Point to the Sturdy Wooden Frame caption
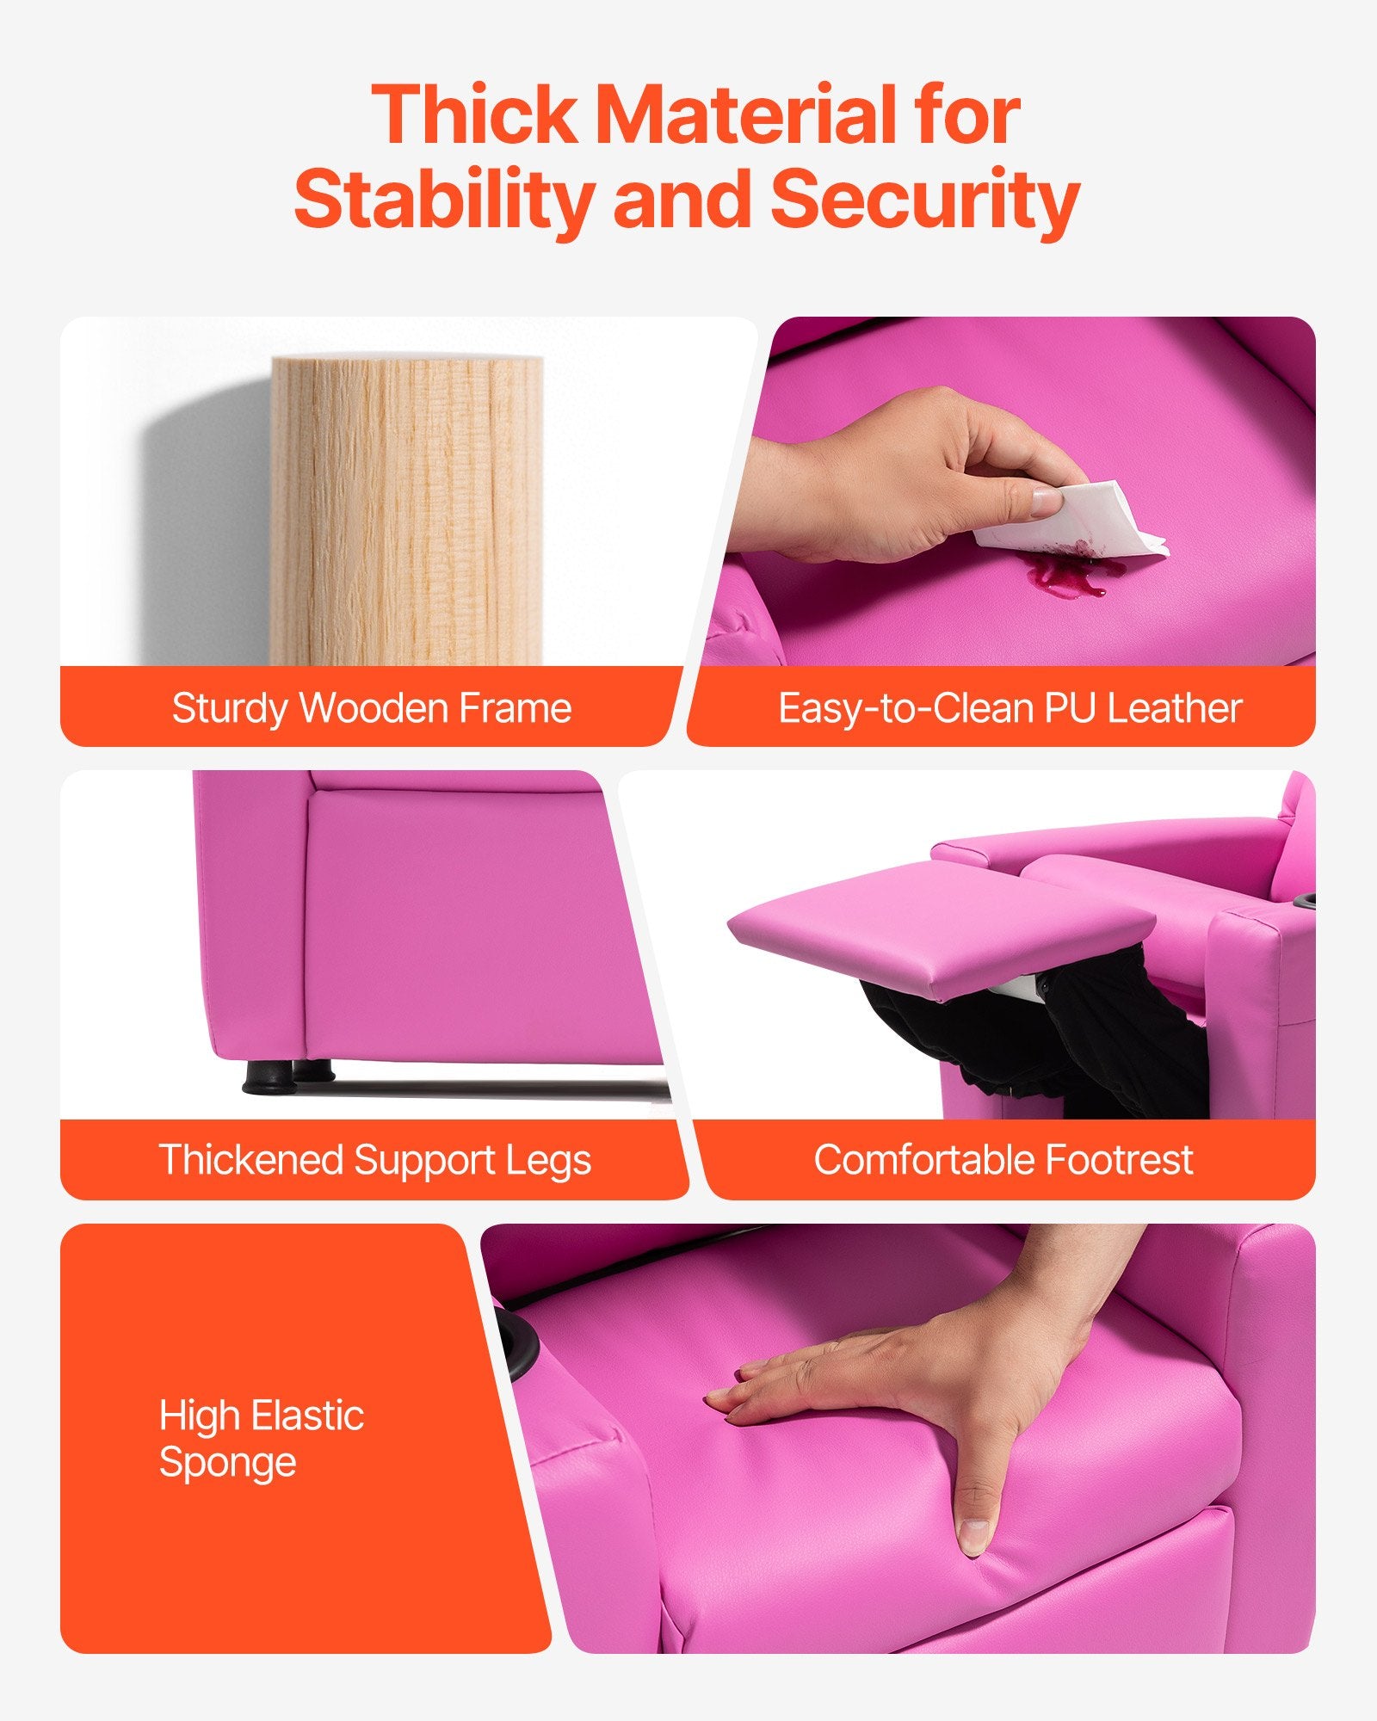372,708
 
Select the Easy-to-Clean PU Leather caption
1010,708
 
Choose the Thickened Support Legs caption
375,1160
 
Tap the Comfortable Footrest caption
1003,1160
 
